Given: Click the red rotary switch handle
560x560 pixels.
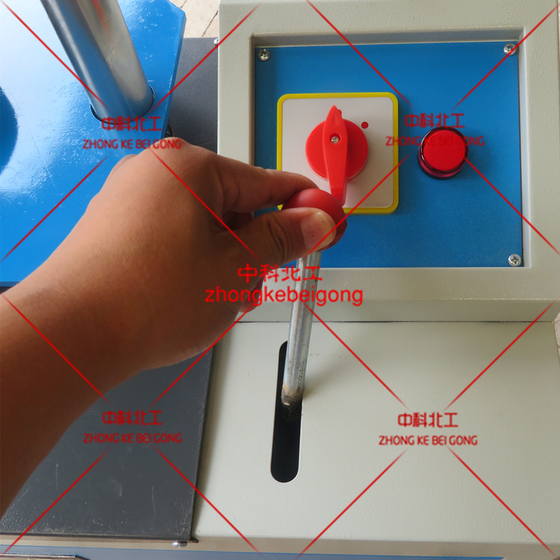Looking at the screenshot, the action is (335, 154).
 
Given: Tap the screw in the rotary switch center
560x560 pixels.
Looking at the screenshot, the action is (335, 140).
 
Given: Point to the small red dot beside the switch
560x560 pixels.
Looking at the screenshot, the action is (364, 125).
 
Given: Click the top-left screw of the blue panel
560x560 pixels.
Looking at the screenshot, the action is (264, 55).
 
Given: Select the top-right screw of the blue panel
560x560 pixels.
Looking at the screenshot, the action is (509, 48).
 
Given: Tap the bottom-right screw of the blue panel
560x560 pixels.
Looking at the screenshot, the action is (514, 260).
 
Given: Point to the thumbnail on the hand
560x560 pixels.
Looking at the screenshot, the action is (317, 231).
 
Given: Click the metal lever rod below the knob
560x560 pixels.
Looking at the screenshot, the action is (301, 329).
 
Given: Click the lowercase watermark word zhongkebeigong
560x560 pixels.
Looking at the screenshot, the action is (284, 296).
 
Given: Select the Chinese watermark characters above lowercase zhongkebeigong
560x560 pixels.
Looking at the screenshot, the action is (280, 273).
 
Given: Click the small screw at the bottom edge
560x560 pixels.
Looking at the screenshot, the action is (179, 544).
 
